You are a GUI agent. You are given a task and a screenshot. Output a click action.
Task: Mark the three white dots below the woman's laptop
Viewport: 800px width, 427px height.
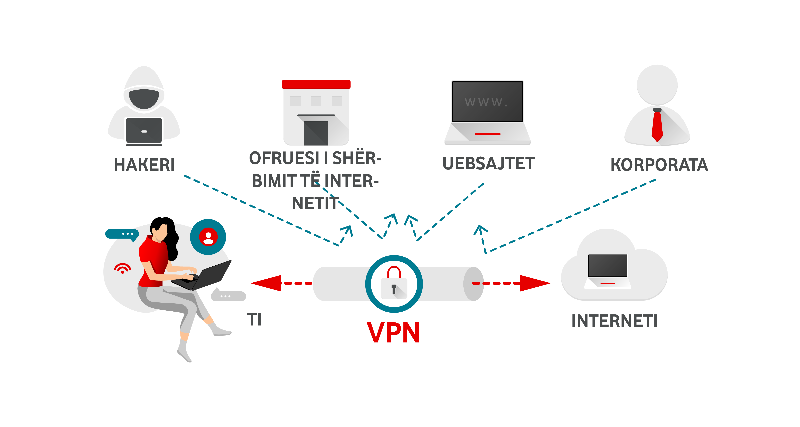[x=225, y=297]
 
